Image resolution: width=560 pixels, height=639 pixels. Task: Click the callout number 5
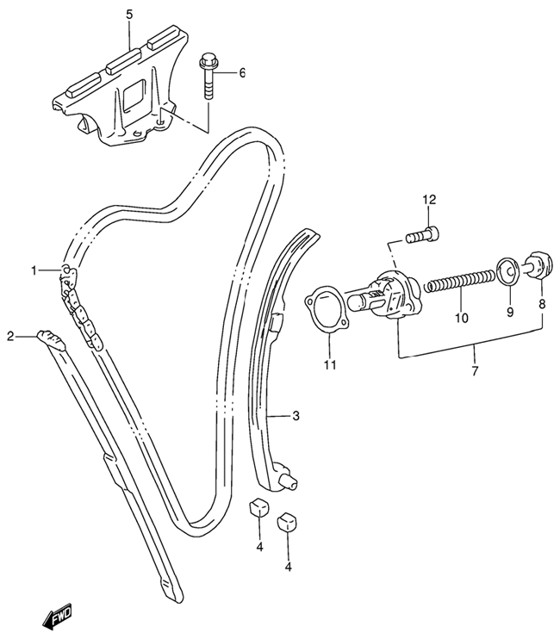(x=129, y=16)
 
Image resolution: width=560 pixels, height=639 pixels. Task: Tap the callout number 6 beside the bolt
(x=242, y=73)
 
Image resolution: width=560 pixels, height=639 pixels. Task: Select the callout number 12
(x=429, y=200)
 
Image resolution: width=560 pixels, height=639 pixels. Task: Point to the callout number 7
(x=475, y=371)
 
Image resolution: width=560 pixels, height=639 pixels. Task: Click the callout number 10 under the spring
(x=462, y=318)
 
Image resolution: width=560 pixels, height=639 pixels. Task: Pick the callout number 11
(x=331, y=365)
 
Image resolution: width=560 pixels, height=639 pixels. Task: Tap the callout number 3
(x=296, y=416)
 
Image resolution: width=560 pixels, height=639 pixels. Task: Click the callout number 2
(x=10, y=336)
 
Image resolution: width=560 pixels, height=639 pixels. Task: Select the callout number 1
(x=34, y=270)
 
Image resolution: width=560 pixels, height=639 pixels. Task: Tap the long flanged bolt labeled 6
(x=207, y=77)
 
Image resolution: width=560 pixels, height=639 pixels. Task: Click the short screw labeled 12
(x=423, y=234)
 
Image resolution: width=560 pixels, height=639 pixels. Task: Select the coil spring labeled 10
(x=460, y=282)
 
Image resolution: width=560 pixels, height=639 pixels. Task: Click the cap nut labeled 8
(x=538, y=266)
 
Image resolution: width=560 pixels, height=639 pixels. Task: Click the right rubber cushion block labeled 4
(x=288, y=522)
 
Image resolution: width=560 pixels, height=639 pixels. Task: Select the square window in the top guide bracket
(x=134, y=93)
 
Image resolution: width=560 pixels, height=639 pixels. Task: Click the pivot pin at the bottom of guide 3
(x=291, y=483)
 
